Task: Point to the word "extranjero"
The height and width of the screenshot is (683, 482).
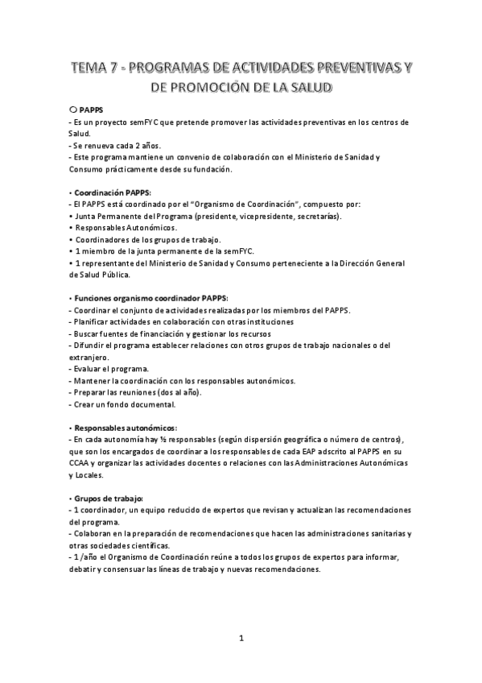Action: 91,357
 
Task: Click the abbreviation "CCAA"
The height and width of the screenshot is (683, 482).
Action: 82,463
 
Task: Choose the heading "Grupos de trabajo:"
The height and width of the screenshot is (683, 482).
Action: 108,499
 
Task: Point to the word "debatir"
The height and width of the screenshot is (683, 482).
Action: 85,569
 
